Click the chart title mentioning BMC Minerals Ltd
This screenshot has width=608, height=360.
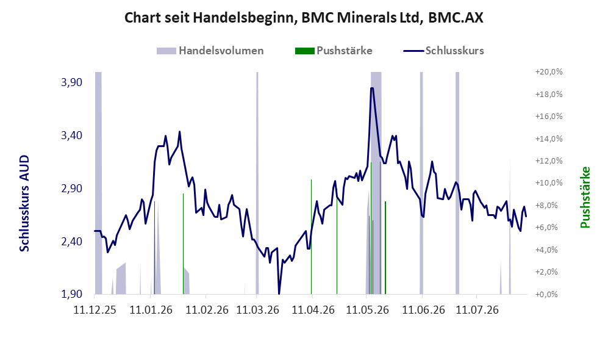[304, 18]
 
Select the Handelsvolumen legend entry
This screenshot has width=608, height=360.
[210, 51]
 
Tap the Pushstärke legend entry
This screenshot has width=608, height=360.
[334, 51]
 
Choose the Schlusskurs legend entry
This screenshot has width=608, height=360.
[443, 51]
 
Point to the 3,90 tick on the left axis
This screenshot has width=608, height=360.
[72, 82]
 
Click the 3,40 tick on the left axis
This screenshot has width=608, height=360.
[72, 135]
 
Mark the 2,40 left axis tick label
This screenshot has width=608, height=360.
[72, 241]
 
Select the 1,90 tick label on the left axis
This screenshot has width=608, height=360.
[72, 294]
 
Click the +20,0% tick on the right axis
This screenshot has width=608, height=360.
[549, 72]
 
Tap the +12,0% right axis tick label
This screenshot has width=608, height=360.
[549, 160]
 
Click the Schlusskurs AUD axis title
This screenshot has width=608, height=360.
[24, 203]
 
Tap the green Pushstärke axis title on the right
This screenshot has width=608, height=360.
[585, 197]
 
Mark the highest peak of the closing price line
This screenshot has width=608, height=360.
[372, 88]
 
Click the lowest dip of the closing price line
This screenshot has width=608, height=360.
[279, 293]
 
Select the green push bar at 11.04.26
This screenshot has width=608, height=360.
[312, 237]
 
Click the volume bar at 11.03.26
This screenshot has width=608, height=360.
[257, 183]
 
